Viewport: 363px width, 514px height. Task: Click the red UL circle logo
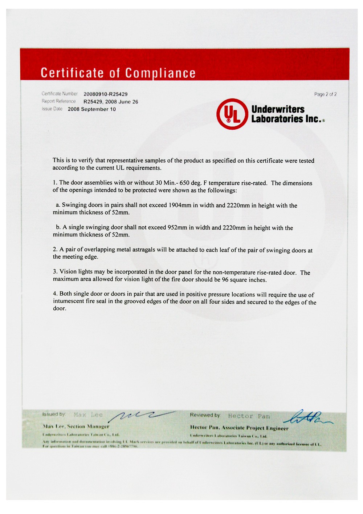233,114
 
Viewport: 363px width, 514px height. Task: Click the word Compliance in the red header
160,73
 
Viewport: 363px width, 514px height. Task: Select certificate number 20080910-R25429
105,94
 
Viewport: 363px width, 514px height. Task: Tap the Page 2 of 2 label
325,94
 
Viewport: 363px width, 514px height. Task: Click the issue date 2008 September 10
92,109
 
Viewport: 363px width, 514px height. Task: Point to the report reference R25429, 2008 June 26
111,102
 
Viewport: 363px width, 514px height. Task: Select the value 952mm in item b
177,228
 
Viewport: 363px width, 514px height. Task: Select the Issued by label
54,414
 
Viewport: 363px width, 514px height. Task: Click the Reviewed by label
205,415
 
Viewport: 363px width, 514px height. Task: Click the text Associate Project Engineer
255,428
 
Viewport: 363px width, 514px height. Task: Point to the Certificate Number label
60,94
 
